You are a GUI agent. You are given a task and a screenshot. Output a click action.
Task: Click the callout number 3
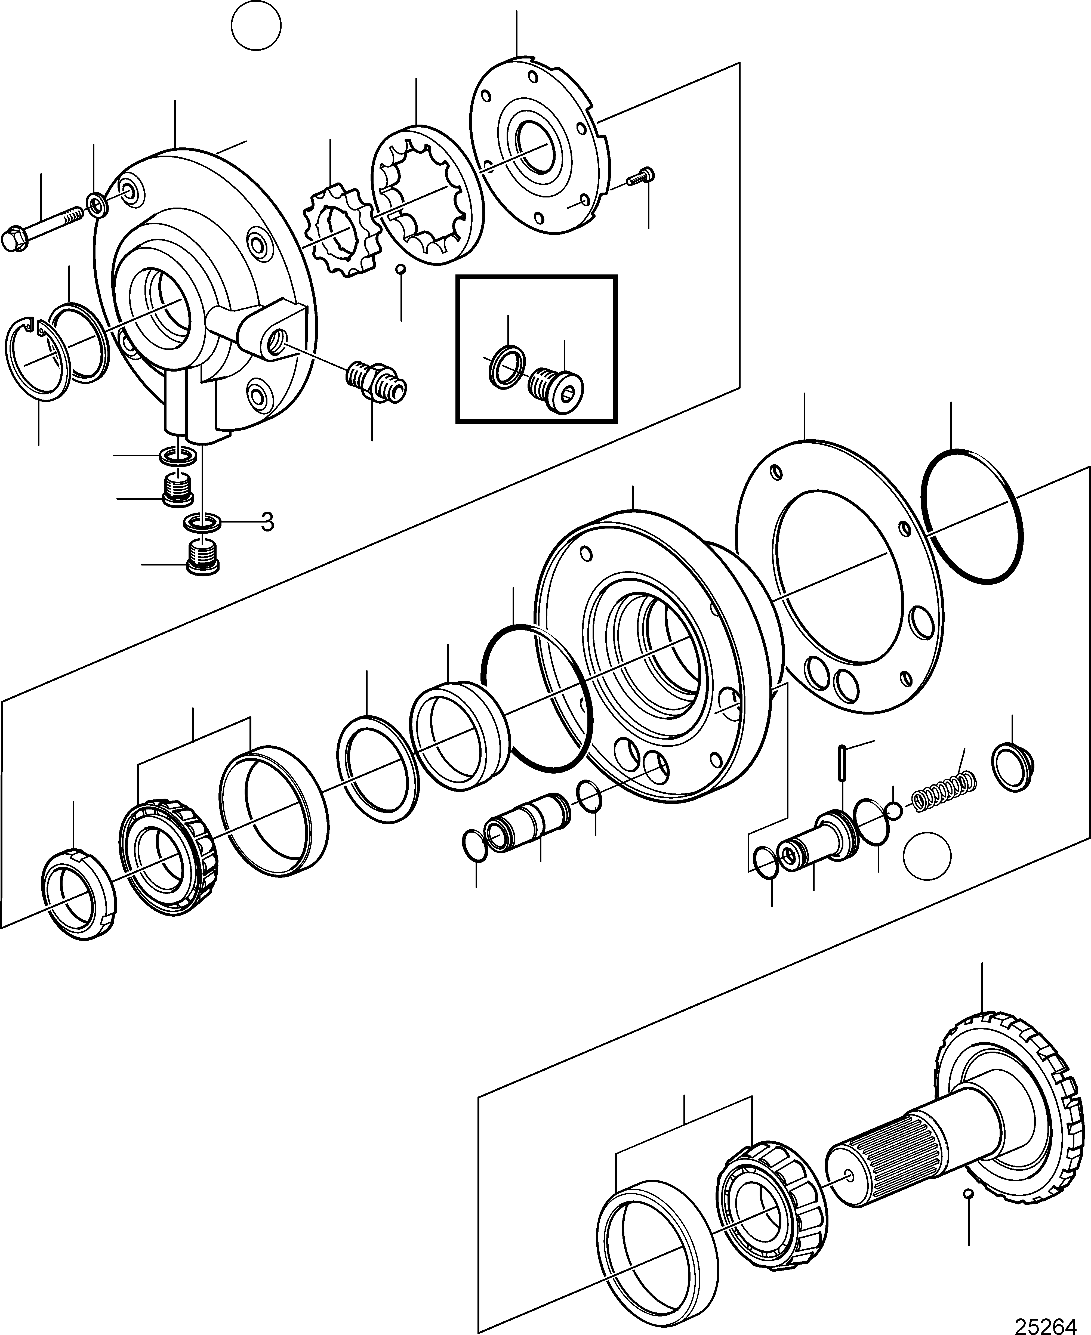[x=268, y=521]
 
